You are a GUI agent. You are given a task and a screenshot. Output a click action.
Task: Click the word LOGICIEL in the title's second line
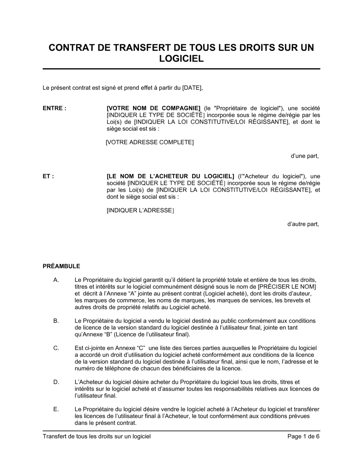(x=181, y=59)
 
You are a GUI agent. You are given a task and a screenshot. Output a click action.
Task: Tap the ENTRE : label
(x=54, y=108)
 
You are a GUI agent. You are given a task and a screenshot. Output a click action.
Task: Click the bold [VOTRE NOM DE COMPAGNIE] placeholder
(x=154, y=108)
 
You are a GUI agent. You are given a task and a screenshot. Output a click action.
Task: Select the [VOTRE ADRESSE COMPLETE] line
(x=150, y=142)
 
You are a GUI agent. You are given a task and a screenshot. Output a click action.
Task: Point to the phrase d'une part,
(x=305, y=156)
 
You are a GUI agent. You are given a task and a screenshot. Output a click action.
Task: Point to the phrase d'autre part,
(x=303, y=224)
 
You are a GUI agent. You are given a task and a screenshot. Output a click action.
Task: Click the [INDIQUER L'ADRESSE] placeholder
(x=140, y=211)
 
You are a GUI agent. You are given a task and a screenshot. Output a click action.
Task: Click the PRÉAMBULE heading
(x=61, y=266)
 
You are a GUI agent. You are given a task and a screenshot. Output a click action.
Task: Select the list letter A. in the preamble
(x=56, y=280)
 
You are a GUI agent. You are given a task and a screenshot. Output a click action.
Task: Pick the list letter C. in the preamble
(x=56, y=348)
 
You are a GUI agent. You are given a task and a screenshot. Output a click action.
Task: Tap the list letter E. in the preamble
(x=56, y=409)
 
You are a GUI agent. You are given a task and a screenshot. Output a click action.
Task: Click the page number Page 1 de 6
(x=303, y=436)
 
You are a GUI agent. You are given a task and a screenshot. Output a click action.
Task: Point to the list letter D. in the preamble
(x=56, y=382)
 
